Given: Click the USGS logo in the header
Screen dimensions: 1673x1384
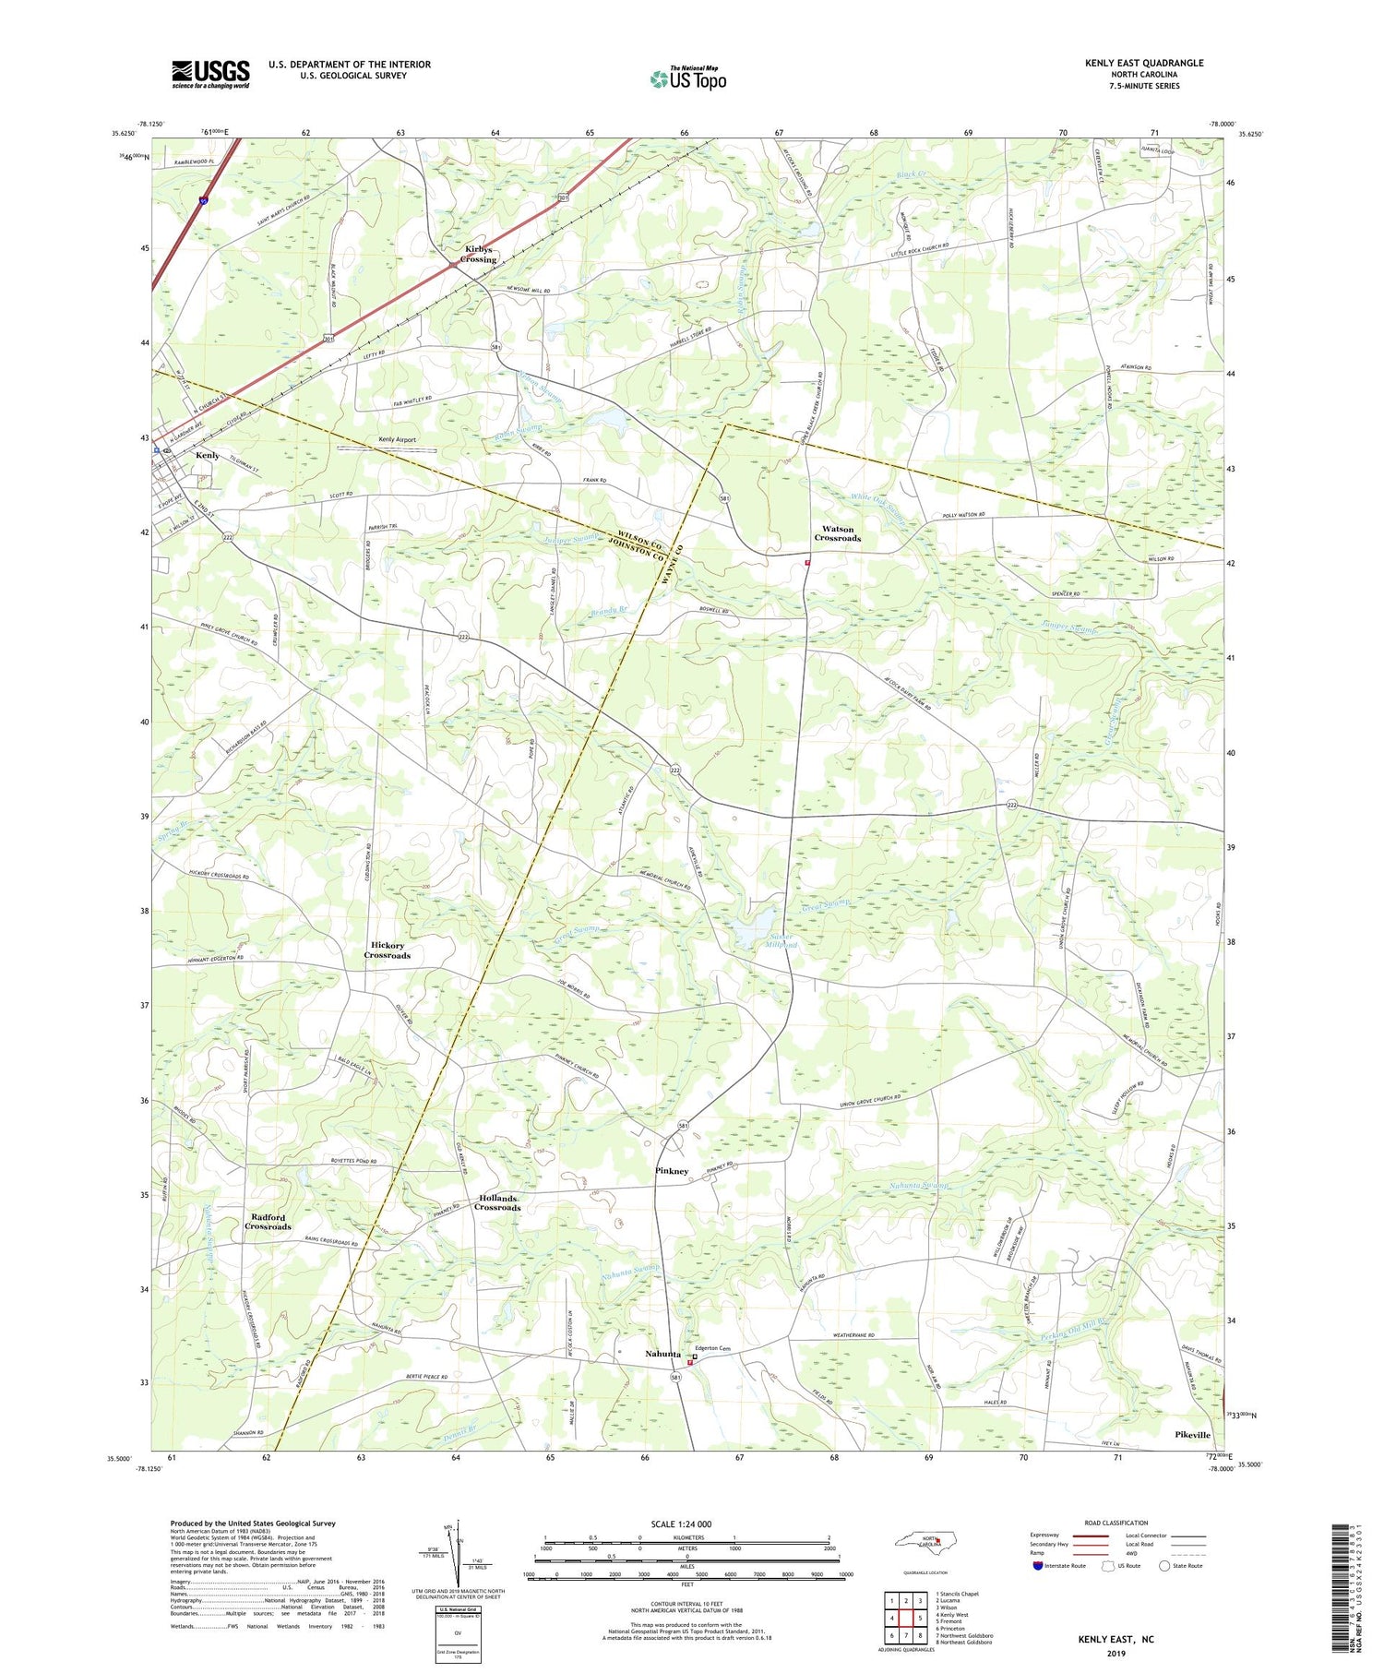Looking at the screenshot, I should [x=210, y=74].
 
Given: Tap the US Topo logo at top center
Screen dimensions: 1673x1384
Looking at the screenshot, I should [x=688, y=78].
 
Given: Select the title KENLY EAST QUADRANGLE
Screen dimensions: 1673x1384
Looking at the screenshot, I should [x=1144, y=63].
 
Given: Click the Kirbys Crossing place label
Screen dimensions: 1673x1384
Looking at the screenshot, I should [x=479, y=255].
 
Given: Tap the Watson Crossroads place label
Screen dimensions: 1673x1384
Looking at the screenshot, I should [x=837, y=533].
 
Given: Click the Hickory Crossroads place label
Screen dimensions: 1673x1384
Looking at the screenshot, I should [x=387, y=950].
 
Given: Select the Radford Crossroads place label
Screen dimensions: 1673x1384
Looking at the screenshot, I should [x=268, y=1222].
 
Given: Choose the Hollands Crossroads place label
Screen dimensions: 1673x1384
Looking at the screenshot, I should [x=497, y=1202].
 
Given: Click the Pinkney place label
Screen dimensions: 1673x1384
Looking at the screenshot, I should [x=672, y=1170].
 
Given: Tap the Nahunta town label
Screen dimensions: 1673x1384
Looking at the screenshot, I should [x=662, y=1354].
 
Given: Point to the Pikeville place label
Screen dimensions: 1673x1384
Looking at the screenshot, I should [x=1192, y=1435].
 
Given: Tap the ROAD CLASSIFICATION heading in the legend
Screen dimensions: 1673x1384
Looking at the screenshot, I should [x=1116, y=1523].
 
